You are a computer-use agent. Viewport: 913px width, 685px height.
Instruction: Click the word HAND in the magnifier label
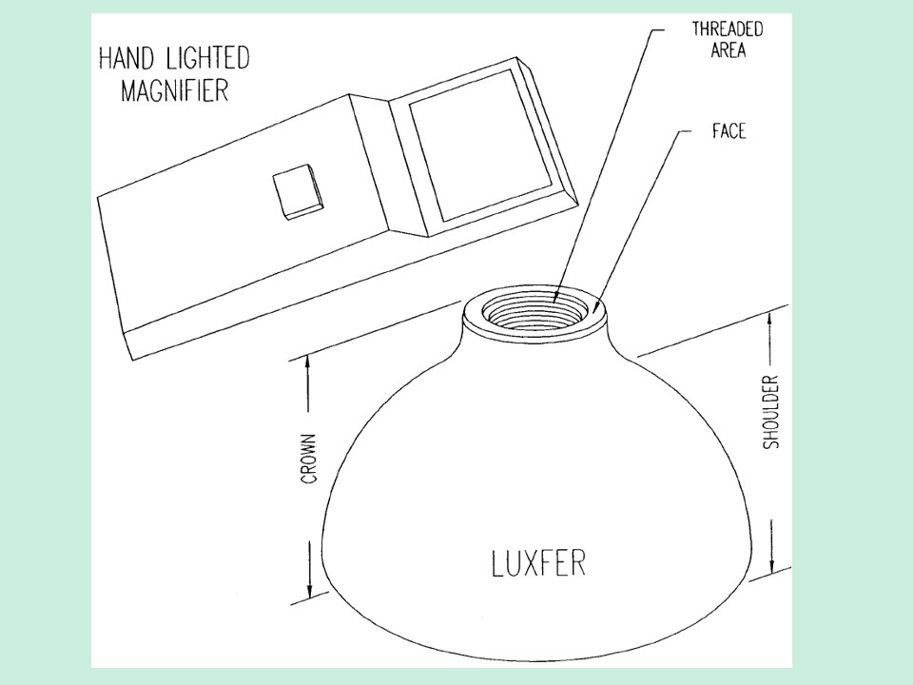tap(126, 58)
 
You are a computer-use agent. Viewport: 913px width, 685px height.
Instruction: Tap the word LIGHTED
tap(206, 58)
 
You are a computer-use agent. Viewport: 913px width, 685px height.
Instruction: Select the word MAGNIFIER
tap(174, 91)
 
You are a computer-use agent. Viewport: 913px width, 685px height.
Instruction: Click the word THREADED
tap(728, 29)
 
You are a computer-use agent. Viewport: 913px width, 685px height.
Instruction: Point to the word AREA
tap(728, 50)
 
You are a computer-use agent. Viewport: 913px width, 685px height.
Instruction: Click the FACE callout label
tap(728, 131)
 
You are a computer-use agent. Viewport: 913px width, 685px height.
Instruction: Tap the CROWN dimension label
tap(309, 459)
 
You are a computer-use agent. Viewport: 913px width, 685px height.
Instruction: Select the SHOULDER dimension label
tap(771, 412)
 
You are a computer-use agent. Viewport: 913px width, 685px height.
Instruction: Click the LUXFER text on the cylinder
tap(538, 562)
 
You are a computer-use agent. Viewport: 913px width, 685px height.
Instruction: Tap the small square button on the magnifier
tap(298, 192)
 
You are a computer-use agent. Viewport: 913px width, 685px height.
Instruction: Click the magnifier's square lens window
tap(480, 147)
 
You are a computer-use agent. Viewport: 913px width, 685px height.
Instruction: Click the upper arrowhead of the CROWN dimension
tap(308, 364)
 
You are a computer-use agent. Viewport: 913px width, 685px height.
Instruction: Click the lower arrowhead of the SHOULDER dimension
tap(771, 564)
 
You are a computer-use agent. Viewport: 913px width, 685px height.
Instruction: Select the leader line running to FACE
tap(639, 223)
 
